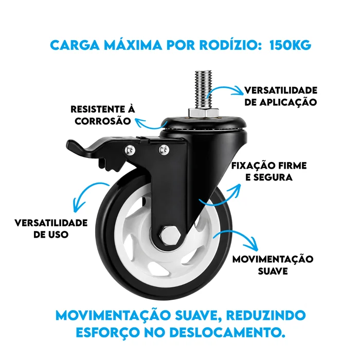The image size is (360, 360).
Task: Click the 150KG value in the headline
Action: pos(290,45)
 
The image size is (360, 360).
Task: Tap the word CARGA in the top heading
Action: pos(75,45)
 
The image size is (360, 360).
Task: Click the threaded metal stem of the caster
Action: pos(204,89)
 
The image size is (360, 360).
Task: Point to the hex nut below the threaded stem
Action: pos(204,113)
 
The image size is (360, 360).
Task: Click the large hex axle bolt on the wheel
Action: pos(170,236)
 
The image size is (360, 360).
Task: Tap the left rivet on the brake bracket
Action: pos(130,150)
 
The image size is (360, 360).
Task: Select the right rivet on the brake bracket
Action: pos(164,150)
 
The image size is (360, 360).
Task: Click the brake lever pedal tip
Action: pos(73,145)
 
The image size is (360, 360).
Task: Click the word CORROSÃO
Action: pos(103,121)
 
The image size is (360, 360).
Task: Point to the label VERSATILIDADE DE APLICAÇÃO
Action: pos(281,97)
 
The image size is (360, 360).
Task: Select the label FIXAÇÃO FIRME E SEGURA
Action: pos(269,171)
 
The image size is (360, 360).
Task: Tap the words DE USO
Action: pos(51,235)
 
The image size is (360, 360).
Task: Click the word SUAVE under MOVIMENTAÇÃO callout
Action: pos(273,271)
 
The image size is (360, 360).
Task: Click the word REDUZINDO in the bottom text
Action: pos(266,315)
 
